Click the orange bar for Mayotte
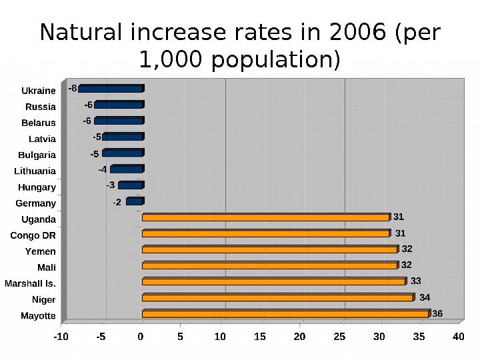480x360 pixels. tap(285, 313)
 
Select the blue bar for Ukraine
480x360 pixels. tap(111, 88)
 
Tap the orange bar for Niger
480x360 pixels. tap(277, 297)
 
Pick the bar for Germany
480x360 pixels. tap(134, 201)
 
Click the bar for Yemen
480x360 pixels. tap(269, 249)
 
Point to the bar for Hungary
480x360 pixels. tap(130, 185)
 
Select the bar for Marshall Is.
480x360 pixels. tap(273, 281)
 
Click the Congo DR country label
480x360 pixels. tap(33, 235)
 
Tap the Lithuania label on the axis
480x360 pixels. tap(35, 171)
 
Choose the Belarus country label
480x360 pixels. tap(39, 123)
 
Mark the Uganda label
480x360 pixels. tap(39, 219)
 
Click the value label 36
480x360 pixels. tap(437, 313)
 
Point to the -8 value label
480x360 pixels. tap(73, 87)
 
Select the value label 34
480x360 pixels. tap(425, 297)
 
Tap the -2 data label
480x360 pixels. tap(117, 201)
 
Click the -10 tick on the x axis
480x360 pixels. tap(61, 337)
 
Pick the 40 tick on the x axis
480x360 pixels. tap(458, 337)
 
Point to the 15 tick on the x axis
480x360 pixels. tap(260, 337)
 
